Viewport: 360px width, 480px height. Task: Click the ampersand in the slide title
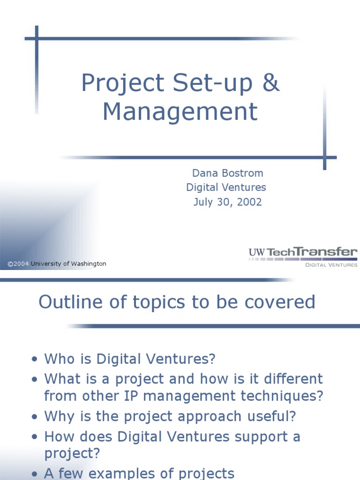pos(271,82)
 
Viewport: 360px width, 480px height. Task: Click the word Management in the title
pos(180,112)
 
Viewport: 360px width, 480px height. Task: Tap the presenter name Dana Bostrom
pos(227,173)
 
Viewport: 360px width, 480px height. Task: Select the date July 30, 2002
pos(227,202)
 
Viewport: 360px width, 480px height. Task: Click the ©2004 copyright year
pos(18,263)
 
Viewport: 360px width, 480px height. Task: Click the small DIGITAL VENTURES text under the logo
pos(331,265)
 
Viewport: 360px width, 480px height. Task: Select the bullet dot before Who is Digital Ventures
pos(34,359)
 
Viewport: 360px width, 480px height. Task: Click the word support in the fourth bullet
pos(261,437)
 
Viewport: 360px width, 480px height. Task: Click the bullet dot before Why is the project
pos(34,416)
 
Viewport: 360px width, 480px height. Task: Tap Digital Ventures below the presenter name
pos(226,187)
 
